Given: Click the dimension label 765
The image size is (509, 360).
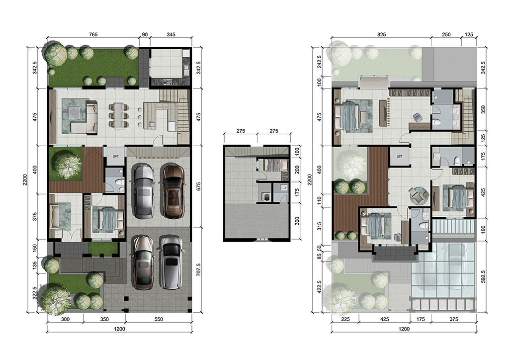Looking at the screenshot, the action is click(x=93, y=34).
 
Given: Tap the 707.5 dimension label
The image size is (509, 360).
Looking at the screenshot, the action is click(x=198, y=270).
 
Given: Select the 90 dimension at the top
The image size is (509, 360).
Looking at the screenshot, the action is click(x=145, y=34).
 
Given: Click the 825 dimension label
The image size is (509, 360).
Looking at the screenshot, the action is click(x=381, y=34).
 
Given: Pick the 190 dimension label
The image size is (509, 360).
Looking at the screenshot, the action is click(x=483, y=230).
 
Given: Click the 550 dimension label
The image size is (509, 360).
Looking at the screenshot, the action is click(x=159, y=319).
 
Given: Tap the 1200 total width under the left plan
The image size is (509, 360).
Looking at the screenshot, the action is click(x=119, y=329).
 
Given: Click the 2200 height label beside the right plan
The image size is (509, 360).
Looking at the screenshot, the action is click(x=309, y=180).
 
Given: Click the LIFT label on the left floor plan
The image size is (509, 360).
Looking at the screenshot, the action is click(x=115, y=156).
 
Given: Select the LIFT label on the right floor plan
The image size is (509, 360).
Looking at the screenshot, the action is click(x=399, y=156).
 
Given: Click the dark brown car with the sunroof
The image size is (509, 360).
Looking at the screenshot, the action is click(x=173, y=191).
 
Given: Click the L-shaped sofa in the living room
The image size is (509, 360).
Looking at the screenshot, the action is click(x=84, y=117).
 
